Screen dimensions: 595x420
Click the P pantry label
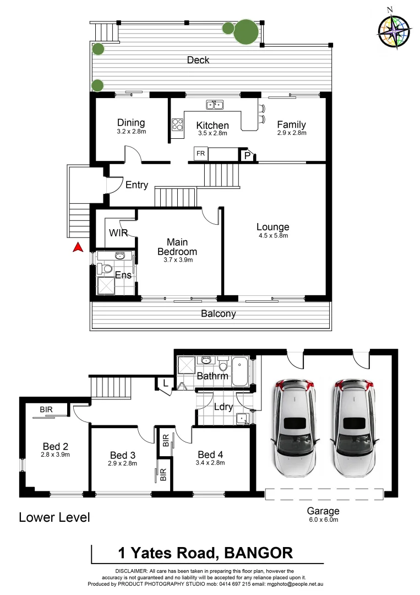coord(248,156)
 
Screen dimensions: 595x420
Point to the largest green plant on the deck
coord(246,33)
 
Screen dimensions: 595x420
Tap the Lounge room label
coord(272,227)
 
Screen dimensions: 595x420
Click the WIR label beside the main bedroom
coord(118,233)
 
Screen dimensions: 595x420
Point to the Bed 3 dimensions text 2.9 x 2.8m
coord(123,463)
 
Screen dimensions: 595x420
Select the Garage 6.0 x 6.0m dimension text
coord(324,519)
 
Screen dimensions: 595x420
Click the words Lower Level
coord(54,517)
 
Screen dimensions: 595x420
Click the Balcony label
coord(218,313)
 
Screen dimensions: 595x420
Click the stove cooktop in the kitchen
coord(178,125)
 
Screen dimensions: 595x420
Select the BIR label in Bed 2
coord(46,410)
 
